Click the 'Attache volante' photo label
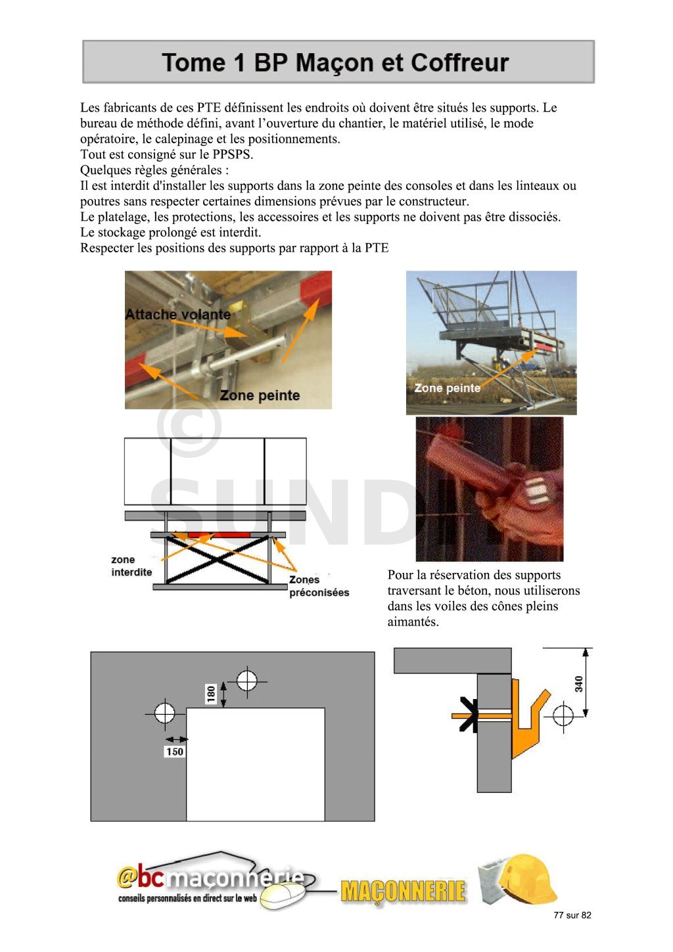(177, 315)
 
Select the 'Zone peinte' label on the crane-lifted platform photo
(447, 388)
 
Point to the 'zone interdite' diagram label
(131, 566)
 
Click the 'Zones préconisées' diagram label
(319, 586)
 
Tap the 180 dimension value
(211, 694)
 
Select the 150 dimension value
(174, 752)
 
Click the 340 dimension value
(578, 684)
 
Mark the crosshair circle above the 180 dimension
(247, 680)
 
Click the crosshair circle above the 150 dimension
(164, 712)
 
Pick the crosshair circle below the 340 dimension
(563, 714)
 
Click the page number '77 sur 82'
(572, 915)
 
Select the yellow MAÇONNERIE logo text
(403, 892)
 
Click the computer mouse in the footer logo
(286, 894)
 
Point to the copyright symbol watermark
(189, 426)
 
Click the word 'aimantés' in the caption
(413, 622)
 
